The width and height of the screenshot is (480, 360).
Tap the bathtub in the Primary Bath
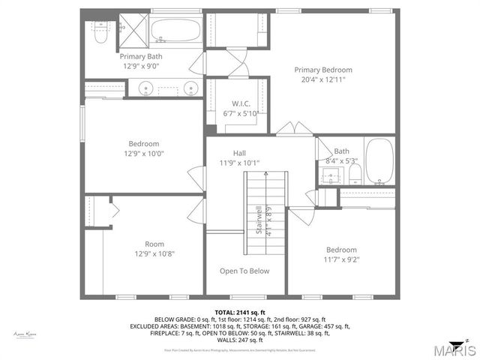[175, 30]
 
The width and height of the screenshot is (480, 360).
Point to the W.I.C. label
[241, 103]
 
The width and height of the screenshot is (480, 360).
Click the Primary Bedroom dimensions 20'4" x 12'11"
[322, 80]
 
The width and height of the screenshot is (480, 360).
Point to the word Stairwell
[259, 220]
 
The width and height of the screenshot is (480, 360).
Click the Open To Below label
[244, 271]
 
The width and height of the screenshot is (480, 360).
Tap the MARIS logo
[448, 349]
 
